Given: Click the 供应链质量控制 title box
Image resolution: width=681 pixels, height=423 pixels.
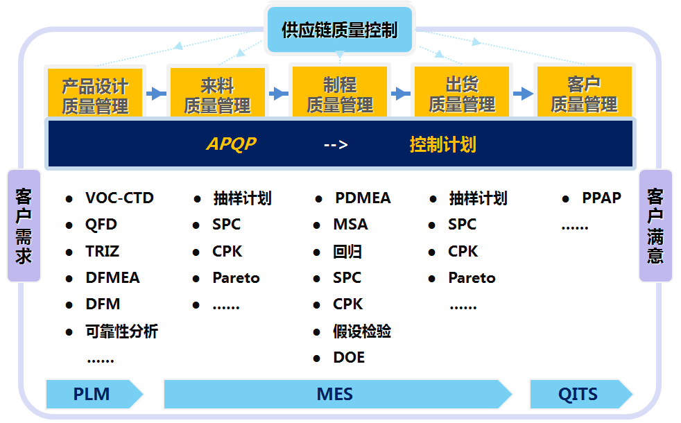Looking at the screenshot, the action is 340,30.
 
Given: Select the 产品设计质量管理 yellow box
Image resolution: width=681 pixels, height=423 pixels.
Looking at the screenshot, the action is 95,92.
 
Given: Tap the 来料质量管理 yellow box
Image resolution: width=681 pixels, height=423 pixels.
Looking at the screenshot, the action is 218,92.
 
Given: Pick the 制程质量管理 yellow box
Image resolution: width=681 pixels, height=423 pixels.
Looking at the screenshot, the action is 340,92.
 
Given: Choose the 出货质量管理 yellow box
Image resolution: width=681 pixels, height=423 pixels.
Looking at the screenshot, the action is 462,92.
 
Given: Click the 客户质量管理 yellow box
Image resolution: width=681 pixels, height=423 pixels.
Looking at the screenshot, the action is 584,92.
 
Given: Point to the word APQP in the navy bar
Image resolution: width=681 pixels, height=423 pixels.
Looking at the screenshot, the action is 232,144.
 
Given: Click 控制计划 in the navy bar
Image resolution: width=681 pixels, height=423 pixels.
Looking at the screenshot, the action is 443,144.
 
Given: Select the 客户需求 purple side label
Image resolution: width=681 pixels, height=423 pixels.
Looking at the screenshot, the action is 24,226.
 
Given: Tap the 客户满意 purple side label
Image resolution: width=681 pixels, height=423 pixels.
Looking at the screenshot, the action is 655,226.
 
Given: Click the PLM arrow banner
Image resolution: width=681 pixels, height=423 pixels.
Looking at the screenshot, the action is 94,394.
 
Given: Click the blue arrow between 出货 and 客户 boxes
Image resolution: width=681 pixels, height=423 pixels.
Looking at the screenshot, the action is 523,94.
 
